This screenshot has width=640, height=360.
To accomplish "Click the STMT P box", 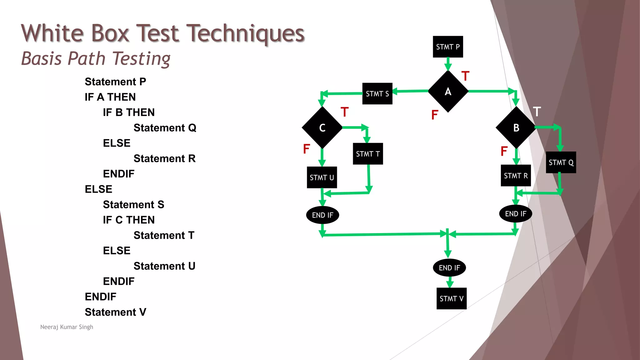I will point(447,47).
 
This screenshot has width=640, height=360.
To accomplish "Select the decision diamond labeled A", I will point(448,91).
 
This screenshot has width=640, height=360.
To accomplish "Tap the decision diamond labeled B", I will point(516,127).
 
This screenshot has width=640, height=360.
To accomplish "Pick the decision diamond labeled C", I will point(322,127).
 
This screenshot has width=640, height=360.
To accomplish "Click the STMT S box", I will point(377,94).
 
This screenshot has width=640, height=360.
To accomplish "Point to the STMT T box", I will point(368,154).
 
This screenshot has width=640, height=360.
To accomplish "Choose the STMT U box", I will point(322,177).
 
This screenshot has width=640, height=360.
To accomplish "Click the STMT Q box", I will point(561,162).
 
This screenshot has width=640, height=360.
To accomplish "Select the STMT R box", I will point(516,176).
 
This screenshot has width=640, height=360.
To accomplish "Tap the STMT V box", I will point(451,299).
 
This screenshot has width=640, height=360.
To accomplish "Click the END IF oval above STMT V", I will point(449,268).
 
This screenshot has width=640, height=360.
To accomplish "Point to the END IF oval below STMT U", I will point(322,215).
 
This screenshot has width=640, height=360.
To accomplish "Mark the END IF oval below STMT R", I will point(516,214).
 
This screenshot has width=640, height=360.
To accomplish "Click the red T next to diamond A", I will point(465,76).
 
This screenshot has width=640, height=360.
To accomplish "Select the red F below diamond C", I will point(306,149).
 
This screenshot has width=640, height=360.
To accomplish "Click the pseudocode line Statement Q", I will point(165,128).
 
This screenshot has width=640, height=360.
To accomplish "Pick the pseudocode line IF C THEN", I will point(129,220).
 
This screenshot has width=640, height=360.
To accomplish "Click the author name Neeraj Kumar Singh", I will point(67,327).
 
